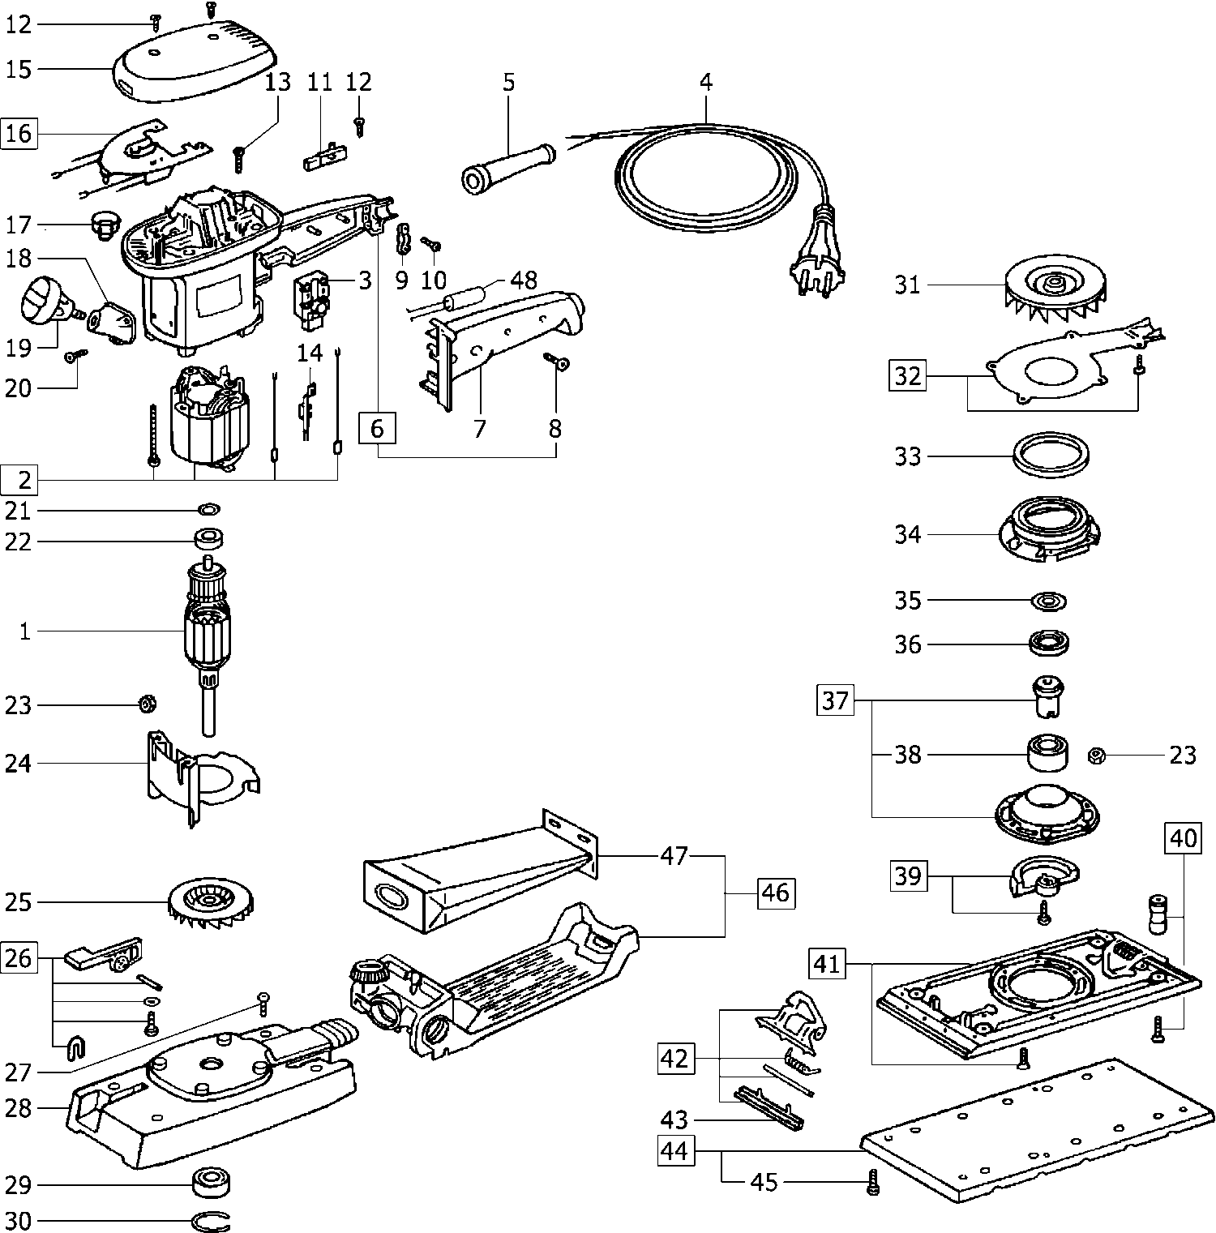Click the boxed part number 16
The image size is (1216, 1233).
19,133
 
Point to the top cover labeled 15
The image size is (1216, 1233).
195,61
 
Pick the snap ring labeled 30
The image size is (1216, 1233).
213,1221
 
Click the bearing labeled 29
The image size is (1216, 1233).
212,1184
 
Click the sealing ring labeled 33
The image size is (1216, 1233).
1051,456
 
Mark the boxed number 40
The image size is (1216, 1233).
1184,837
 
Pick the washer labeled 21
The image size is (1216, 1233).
208,510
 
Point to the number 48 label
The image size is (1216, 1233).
525,280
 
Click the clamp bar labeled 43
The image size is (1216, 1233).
769,1108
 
